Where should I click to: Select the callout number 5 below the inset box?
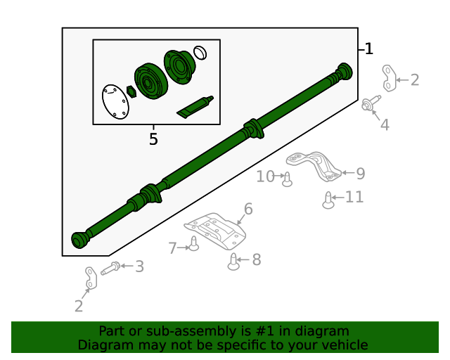coord(153,139)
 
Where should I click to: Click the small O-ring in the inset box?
coord(200,53)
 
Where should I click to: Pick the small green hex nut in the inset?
coord(131,91)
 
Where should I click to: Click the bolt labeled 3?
coord(110,268)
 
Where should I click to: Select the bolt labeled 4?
coord(368,103)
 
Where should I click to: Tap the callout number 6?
coord(247,209)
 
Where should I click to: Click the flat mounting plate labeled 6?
coord(215,232)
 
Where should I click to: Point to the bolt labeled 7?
coord(193,245)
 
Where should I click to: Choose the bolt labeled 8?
coord(234,263)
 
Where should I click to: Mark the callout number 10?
coord(265,176)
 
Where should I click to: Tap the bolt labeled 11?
coord(328,200)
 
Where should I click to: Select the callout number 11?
coord(354,197)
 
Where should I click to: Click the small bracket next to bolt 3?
coord(89,278)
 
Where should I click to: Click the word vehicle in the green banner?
coord(344,345)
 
